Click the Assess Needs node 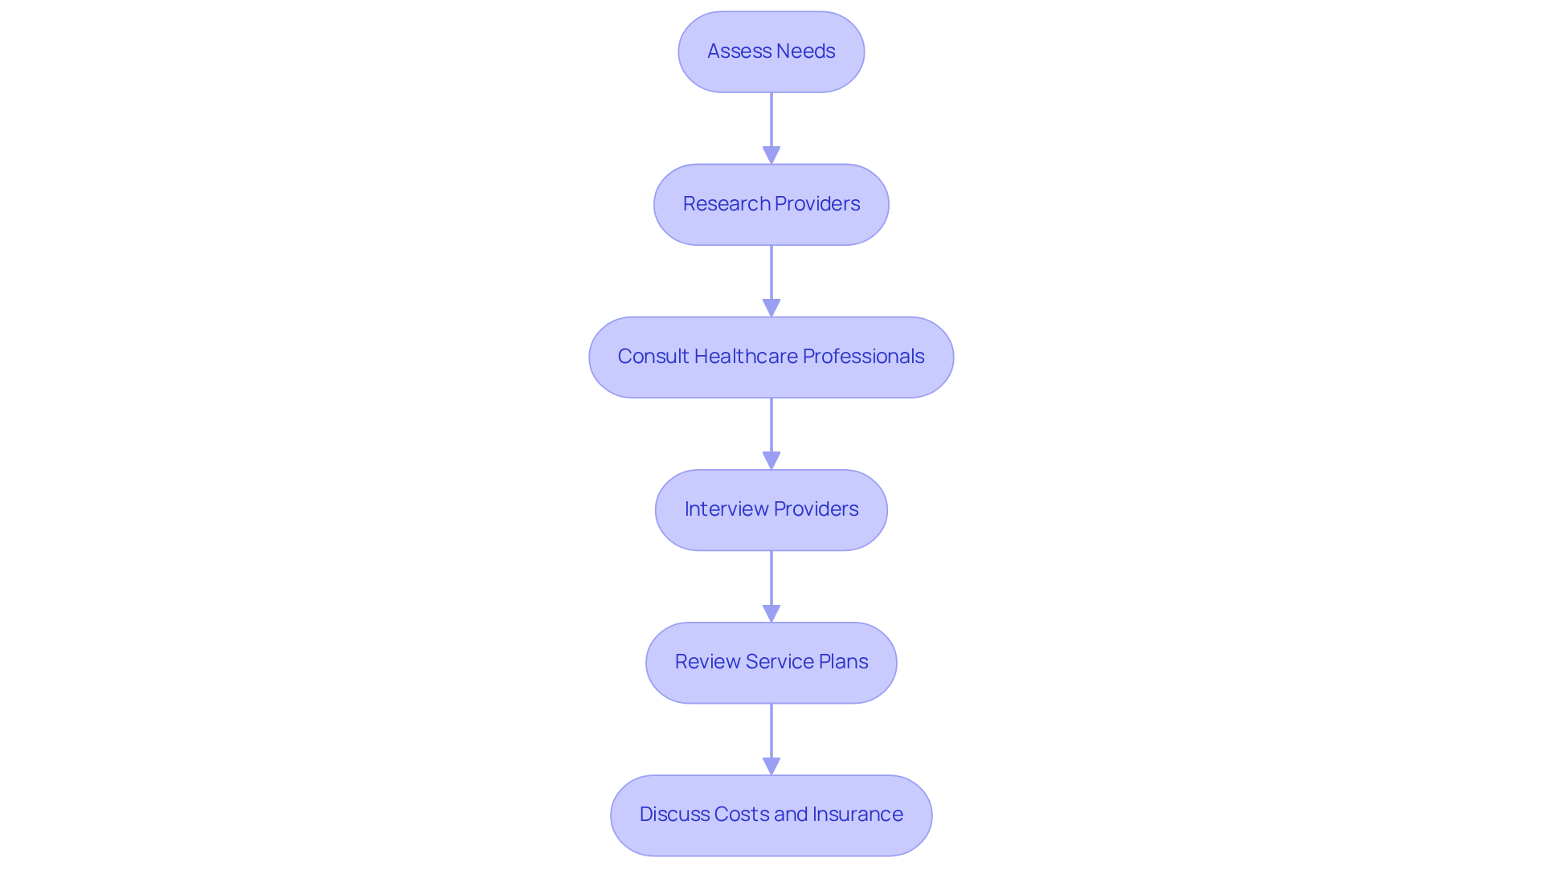pos(771,52)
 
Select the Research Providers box pos(771,205)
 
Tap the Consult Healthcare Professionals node pos(771,357)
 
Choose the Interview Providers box pos(771,510)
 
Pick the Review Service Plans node pos(771,663)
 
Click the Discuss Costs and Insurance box pos(771,815)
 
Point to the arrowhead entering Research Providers pos(771,155)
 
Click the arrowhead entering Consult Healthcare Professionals pos(771,308)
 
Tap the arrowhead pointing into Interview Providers pos(771,460)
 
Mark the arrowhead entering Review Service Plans pos(771,613)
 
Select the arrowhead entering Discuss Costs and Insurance pos(771,766)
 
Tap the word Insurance pos(857,814)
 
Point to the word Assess pos(733,51)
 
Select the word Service pos(780,661)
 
